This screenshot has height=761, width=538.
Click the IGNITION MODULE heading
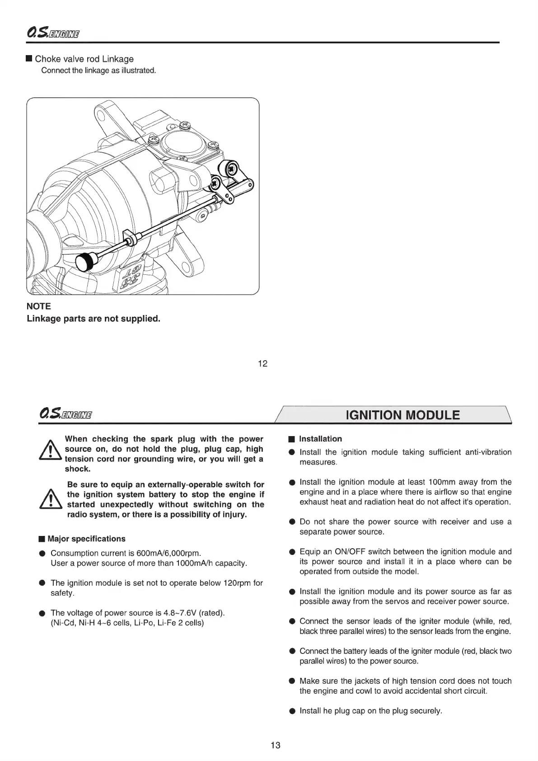click(x=402, y=415)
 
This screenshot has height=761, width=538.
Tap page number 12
click(x=262, y=363)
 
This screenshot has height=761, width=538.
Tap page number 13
click(x=275, y=745)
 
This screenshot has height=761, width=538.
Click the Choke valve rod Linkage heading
click(x=84, y=59)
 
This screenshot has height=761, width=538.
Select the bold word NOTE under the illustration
click(x=39, y=306)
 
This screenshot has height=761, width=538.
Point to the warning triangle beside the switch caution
click(x=51, y=500)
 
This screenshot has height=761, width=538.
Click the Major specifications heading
click(x=86, y=539)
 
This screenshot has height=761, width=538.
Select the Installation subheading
click(x=320, y=439)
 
